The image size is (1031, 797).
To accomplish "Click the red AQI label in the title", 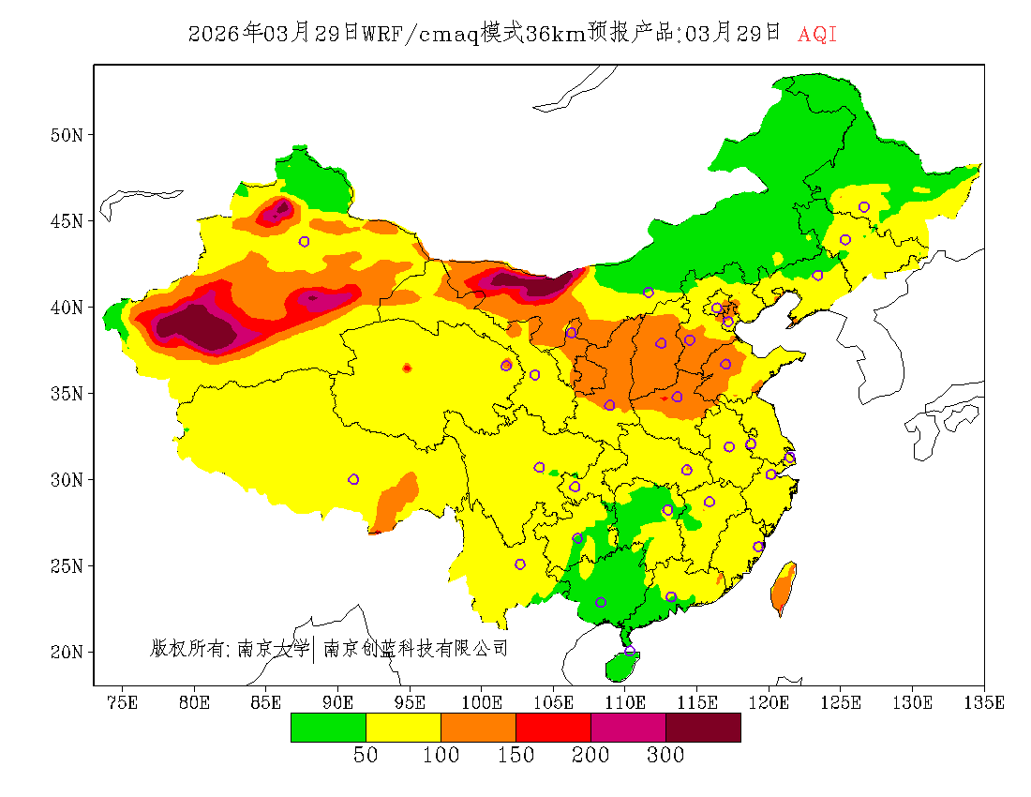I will tap(817, 35).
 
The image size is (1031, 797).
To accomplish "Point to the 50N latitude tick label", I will tap(67, 135).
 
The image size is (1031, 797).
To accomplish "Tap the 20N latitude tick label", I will tap(67, 652).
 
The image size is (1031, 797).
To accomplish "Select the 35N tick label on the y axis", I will tap(67, 393).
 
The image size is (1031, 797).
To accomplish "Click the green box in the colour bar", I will tap(328, 728).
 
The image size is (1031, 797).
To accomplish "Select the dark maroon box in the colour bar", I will tap(703, 728).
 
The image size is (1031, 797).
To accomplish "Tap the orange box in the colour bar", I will tap(478, 728).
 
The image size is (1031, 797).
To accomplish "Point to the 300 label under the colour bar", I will tap(665, 756).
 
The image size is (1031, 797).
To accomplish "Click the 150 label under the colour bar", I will tap(515, 756).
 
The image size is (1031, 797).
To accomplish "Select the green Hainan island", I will tap(620, 666).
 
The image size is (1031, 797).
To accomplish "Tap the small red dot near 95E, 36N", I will tap(407, 368).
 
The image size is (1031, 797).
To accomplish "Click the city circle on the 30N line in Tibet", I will tap(353, 479).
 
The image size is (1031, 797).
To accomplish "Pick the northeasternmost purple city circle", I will tap(864, 207).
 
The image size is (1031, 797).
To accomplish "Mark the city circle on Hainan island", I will tap(630, 651).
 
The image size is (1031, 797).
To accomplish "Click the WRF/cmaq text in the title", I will tap(420, 35).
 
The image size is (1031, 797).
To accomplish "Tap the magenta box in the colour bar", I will tap(628, 728).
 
